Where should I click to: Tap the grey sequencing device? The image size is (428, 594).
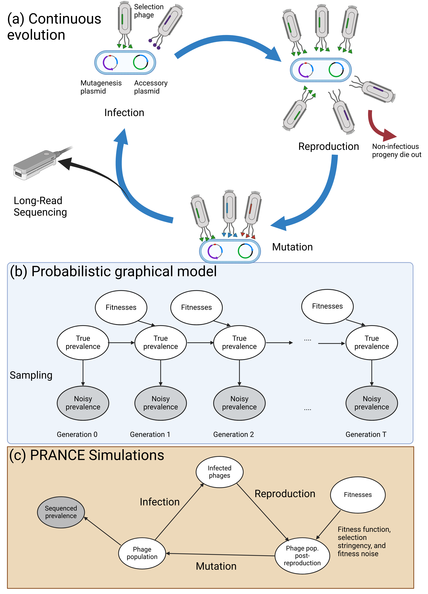pyautogui.click(x=39, y=164)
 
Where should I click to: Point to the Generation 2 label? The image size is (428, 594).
pyautogui.click(x=234, y=435)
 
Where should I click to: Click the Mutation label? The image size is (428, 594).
pyautogui.click(x=216, y=566)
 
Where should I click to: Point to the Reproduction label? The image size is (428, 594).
pyautogui.click(x=285, y=494)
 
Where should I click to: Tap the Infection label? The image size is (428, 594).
pyautogui.click(x=160, y=502)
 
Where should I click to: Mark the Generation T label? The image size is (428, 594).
pyautogui.click(x=366, y=435)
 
